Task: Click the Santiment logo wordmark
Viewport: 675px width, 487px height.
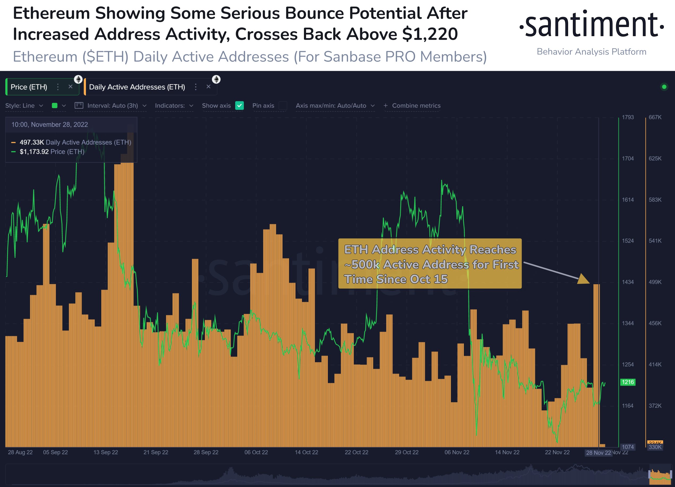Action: pyautogui.click(x=591, y=24)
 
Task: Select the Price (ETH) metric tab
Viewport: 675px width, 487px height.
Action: pyautogui.click(x=29, y=87)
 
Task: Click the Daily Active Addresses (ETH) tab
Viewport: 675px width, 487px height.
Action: pyautogui.click(x=137, y=87)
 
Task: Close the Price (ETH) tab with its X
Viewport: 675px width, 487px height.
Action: pyautogui.click(x=71, y=87)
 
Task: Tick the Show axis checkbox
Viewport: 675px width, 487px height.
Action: pyautogui.click(x=239, y=106)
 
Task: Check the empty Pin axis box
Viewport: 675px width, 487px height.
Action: pyautogui.click(x=283, y=106)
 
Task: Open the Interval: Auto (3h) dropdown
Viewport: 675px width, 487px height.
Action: pyautogui.click(x=112, y=106)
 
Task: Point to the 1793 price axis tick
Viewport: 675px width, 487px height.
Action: pyautogui.click(x=628, y=117)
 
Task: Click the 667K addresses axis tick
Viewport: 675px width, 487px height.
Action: pyautogui.click(x=655, y=117)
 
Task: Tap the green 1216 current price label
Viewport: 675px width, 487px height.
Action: pyautogui.click(x=628, y=382)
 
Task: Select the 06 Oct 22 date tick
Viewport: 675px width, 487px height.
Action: pyautogui.click(x=256, y=452)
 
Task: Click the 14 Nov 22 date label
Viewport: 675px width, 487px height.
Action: pyautogui.click(x=507, y=452)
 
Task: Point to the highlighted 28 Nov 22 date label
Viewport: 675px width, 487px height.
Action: pyautogui.click(x=598, y=453)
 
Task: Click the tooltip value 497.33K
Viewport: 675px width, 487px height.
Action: pyautogui.click(x=32, y=142)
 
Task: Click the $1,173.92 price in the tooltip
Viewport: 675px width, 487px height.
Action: pyautogui.click(x=34, y=152)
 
